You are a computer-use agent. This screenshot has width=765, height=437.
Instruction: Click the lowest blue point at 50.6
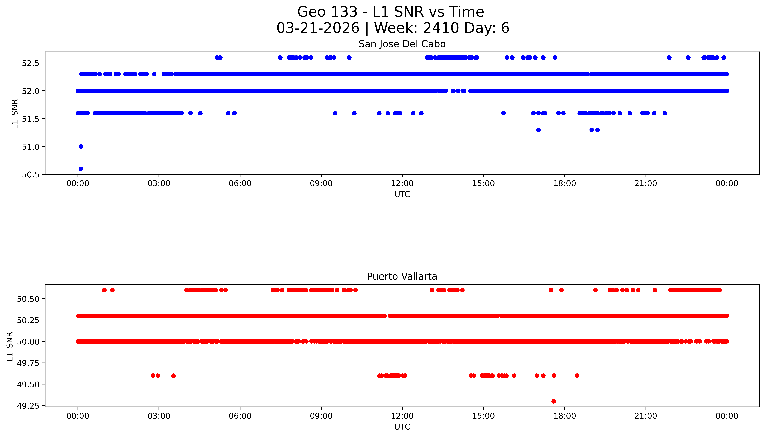pos(81,169)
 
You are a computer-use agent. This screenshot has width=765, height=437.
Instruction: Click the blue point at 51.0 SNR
pos(81,147)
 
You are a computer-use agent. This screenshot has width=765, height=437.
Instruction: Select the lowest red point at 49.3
pos(554,401)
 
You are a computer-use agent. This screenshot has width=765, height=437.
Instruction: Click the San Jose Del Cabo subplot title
pos(402,44)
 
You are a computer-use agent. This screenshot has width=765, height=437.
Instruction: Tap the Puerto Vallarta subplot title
pos(402,276)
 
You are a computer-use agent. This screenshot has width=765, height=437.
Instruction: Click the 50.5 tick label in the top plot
pos(31,175)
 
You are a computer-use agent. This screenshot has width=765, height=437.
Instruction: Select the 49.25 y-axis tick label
pos(28,406)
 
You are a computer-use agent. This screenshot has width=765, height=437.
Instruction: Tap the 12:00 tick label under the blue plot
pos(402,183)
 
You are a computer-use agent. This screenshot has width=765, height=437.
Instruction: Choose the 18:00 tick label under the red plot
pos(564,416)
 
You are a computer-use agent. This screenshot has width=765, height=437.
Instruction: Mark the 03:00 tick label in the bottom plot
pos(159,416)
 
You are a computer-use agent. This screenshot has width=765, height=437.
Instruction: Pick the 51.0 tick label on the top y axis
pos(31,147)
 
